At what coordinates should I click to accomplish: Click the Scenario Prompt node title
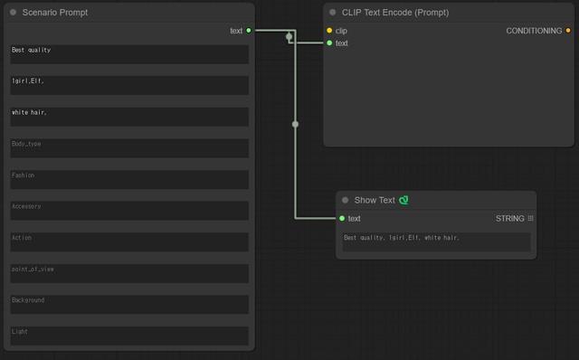tap(55, 13)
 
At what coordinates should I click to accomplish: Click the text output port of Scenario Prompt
tap(249, 30)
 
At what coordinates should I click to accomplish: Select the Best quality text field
tap(129, 54)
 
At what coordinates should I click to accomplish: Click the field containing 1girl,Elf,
tap(129, 86)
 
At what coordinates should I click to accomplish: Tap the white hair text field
tap(129, 117)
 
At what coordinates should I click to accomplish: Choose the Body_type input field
tap(129, 148)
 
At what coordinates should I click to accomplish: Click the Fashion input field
tap(129, 179)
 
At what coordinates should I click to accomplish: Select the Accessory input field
tap(129, 211)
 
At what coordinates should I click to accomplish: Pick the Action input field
tap(129, 242)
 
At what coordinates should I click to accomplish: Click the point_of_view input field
tap(129, 273)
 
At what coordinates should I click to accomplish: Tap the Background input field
tap(129, 305)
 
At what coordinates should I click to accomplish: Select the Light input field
tap(129, 336)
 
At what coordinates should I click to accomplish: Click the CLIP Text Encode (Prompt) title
tap(395, 13)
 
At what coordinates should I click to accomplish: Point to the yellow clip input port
tap(329, 30)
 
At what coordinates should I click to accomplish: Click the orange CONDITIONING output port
tap(568, 30)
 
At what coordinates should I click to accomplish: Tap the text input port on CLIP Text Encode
tap(329, 43)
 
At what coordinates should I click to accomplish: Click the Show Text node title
tap(375, 200)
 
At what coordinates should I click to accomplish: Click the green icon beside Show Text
tap(403, 200)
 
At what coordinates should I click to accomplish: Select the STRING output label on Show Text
tap(509, 219)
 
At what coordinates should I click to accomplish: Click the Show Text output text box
tap(436, 242)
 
